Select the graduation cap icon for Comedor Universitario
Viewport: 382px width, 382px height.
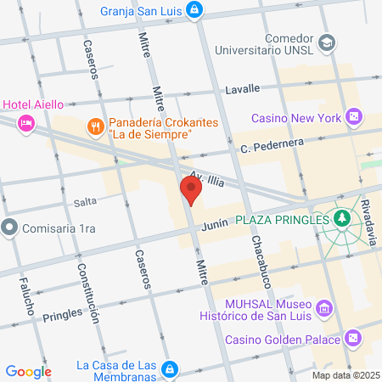[326, 41]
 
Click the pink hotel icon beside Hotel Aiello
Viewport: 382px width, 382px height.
[25, 122]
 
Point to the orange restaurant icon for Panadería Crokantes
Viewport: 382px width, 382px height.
[95, 126]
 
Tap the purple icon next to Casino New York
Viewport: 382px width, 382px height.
[354, 117]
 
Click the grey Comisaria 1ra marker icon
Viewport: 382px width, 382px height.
[9, 228]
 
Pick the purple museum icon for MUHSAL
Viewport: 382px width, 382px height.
[323, 306]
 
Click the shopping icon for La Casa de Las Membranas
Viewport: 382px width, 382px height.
[170, 369]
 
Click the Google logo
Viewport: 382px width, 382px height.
[28, 372]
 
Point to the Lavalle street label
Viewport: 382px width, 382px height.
[242, 88]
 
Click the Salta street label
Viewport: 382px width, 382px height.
[85, 201]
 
